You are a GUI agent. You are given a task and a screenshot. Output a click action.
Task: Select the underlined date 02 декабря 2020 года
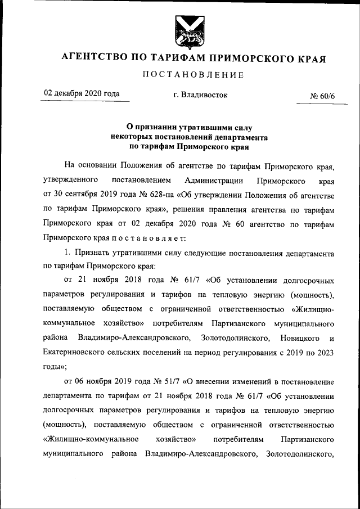point(82,94)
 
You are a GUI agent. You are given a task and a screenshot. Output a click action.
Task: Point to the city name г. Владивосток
point(201,95)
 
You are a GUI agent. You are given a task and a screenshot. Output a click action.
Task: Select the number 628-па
point(157,195)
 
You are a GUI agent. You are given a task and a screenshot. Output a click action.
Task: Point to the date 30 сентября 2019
point(85,195)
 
